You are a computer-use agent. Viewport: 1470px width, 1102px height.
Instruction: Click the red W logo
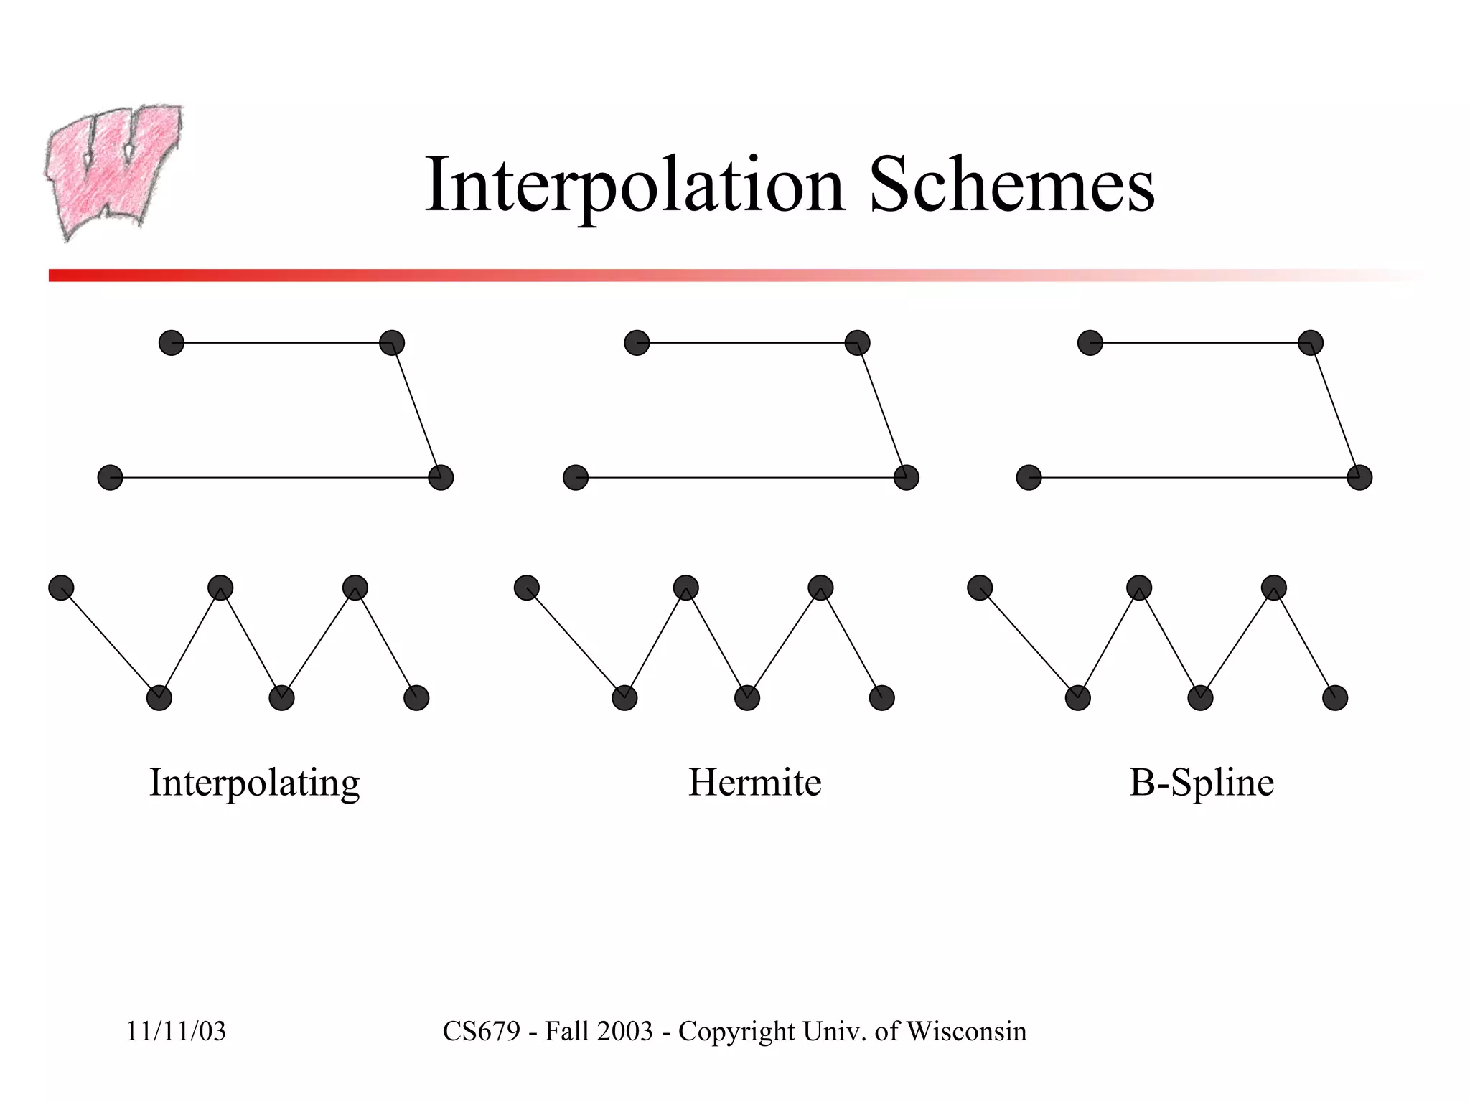[x=113, y=171]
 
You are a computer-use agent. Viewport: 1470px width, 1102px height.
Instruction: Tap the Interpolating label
[x=254, y=783]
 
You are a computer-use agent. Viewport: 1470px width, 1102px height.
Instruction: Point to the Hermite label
[x=754, y=782]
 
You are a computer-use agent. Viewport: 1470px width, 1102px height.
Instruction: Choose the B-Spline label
[x=1202, y=782]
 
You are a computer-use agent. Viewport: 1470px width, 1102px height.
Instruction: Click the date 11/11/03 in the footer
[x=176, y=1032]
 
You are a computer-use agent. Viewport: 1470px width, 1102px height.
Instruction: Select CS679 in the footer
[x=481, y=1032]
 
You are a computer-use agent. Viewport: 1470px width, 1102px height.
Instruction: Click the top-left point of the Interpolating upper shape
[x=172, y=343]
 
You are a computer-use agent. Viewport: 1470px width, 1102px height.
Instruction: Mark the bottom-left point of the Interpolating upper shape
[x=111, y=477]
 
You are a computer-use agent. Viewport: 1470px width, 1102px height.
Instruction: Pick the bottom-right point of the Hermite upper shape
[x=906, y=477]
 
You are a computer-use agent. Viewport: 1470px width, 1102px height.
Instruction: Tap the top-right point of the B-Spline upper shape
[x=1311, y=343]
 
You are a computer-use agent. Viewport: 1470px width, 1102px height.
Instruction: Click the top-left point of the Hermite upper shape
[x=637, y=343]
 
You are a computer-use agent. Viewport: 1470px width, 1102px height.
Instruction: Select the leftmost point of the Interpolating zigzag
[x=61, y=588]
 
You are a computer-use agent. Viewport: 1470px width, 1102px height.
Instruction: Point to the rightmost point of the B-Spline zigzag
[x=1335, y=697]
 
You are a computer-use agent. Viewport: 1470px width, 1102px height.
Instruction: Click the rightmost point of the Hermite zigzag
[x=881, y=697]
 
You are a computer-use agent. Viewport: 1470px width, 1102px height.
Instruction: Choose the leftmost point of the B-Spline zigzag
[x=980, y=588]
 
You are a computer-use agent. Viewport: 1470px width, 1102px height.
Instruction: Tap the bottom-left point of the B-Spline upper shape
[x=1029, y=477]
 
